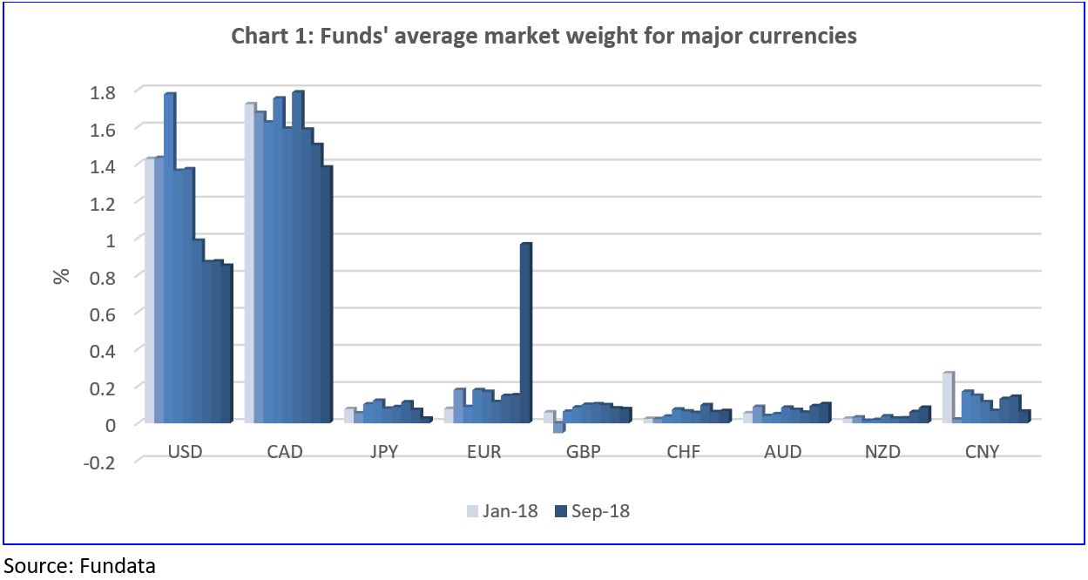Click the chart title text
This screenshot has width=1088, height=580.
click(x=544, y=37)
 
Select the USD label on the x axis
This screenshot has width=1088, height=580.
click(x=184, y=452)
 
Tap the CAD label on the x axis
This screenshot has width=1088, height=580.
click(x=284, y=452)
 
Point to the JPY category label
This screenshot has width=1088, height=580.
click(x=384, y=452)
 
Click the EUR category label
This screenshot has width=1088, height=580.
click(x=483, y=452)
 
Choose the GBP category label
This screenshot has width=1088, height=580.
click(x=584, y=452)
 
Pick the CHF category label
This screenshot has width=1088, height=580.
click(x=683, y=452)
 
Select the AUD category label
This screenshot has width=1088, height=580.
click(x=783, y=452)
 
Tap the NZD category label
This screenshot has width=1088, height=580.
click(x=882, y=452)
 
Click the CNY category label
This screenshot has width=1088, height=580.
click(x=983, y=452)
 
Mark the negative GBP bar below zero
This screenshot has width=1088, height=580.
click(x=558, y=427)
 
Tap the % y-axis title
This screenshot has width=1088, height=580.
click(x=61, y=276)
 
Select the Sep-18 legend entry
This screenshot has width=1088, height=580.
click(x=592, y=511)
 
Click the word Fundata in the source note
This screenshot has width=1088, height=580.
click(x=118, y=564)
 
